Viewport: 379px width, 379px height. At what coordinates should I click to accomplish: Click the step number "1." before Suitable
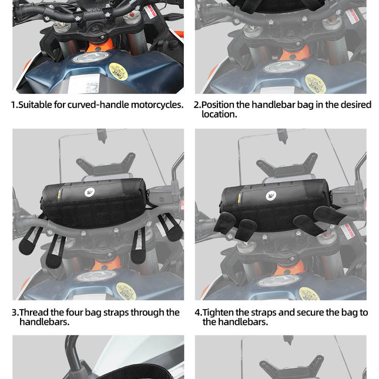14,105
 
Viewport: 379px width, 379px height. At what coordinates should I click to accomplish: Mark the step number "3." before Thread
15,313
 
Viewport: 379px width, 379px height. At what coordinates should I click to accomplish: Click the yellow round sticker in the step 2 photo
316,83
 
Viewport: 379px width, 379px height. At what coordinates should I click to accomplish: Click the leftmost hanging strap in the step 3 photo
29,238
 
